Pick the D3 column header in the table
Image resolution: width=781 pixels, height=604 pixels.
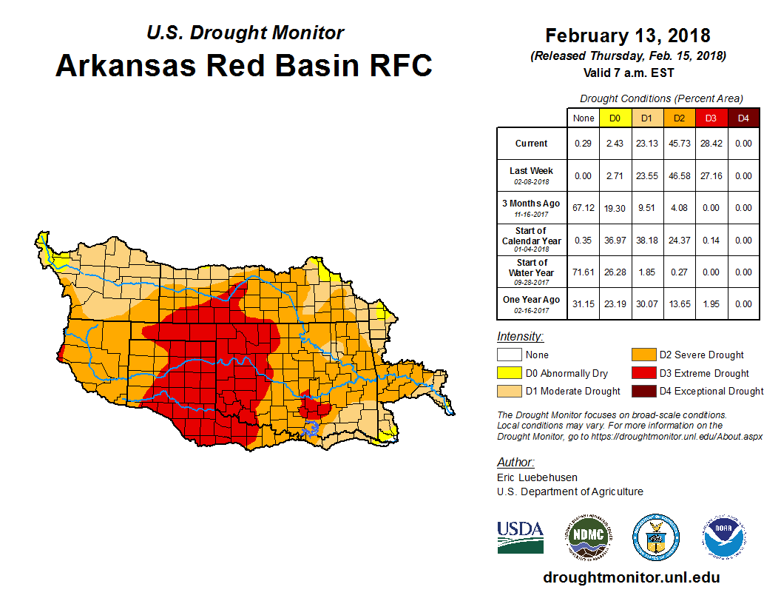coord(710,118)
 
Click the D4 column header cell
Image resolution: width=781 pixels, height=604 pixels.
coord(743,118)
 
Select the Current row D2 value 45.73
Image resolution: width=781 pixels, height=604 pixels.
coord(678,144)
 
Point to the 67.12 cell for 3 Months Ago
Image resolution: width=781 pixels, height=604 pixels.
coord(584,208)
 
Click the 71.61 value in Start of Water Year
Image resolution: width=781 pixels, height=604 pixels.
coord(584,272)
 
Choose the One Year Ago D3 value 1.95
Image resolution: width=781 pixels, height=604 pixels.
coord(710,304)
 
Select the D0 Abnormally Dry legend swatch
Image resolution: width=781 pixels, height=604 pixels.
coord(508,373)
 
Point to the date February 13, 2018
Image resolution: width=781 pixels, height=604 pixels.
coord(628,36)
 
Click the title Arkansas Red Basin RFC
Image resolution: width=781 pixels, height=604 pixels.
coord(244,65)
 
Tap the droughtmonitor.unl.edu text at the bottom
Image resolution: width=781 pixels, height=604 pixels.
coord(631,577)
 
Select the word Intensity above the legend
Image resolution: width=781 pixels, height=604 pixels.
coord(520,337)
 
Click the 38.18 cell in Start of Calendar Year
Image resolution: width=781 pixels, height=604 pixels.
coord(646,240)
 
